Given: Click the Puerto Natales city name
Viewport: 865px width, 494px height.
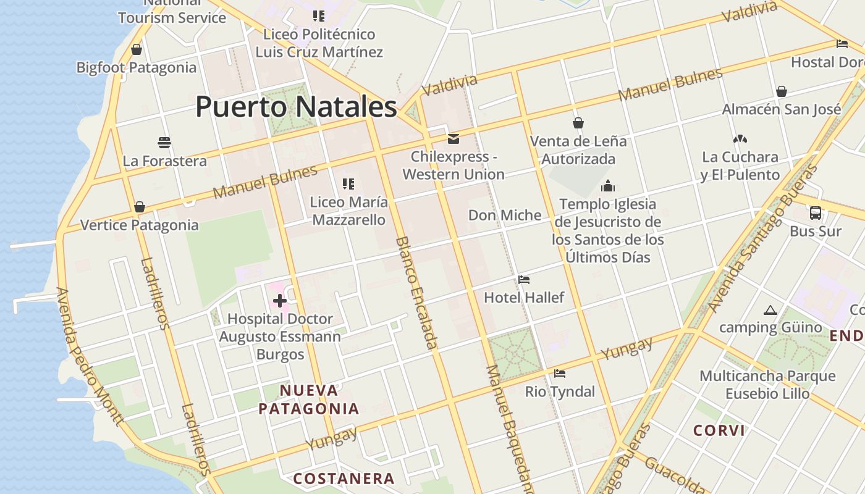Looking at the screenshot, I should click(x=296, y=107).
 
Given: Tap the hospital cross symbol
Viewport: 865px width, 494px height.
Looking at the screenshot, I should click(x=280, y=301).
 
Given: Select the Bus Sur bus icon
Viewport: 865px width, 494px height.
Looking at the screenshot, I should click(x=816, y=213).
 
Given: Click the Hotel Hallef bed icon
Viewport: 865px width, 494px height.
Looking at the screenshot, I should click(x=524, y=280).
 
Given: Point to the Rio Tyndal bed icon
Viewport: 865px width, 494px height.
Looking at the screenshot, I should click(x=560, y=373).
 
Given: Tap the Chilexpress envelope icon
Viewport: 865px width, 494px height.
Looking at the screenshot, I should click(x=454, y=139).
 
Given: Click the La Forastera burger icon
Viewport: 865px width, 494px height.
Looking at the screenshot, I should click(x=164, y=143).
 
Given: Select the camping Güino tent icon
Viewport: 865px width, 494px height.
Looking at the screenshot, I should click(x=770, y=310).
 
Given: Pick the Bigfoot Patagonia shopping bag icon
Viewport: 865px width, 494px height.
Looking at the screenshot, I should click(x=137, y=49).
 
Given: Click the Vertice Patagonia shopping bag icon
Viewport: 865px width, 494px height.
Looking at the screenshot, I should click(x=140, y=207).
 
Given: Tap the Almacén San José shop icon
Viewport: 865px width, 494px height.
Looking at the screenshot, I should click(x=782, y=91).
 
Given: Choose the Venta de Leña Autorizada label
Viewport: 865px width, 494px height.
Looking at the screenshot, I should click(x=578, y=150).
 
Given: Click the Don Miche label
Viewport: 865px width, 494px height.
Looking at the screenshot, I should click(x=505, y=215).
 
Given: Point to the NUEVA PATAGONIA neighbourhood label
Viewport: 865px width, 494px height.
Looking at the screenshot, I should click(x=309, y=400).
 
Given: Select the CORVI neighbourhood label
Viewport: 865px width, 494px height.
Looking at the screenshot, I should click(x=719, y=430).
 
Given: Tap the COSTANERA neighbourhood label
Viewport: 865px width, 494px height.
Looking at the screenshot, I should click(x=344, y=479).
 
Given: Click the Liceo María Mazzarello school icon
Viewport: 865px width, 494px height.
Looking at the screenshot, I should click(x=348, y=184).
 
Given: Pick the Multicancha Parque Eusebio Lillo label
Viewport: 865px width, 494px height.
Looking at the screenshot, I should click(x=767, y=384).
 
